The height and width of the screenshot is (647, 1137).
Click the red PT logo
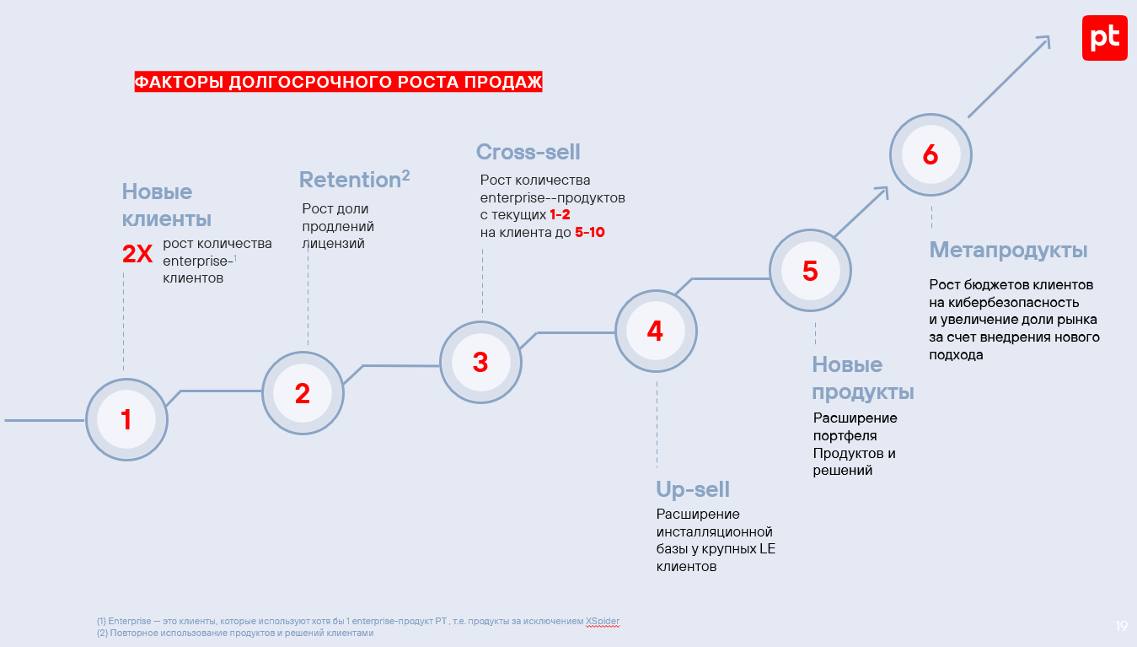[1104, 38]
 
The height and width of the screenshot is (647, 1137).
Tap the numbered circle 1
[126, 419]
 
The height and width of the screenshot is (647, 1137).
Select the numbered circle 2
[303, 393]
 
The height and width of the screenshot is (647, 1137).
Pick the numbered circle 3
[480, 362]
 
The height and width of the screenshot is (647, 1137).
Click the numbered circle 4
[655, 332]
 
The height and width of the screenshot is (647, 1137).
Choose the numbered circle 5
[810, 271]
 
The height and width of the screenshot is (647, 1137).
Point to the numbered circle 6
[931, 155]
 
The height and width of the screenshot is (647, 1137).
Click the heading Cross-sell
[528, 152]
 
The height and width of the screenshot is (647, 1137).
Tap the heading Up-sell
[693, 489]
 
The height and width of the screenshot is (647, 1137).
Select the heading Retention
[349, 180]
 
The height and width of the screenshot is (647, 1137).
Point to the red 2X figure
[137, 255]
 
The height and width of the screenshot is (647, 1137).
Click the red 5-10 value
[590, 233]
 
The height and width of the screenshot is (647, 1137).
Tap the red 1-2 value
[560, 215]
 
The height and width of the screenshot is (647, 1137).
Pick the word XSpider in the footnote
[603, 622]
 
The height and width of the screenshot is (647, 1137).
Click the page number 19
[1121, 626]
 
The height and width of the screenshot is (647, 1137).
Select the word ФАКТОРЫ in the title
[180, 82]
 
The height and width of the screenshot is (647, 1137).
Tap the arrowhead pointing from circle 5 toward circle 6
[883, 191]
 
